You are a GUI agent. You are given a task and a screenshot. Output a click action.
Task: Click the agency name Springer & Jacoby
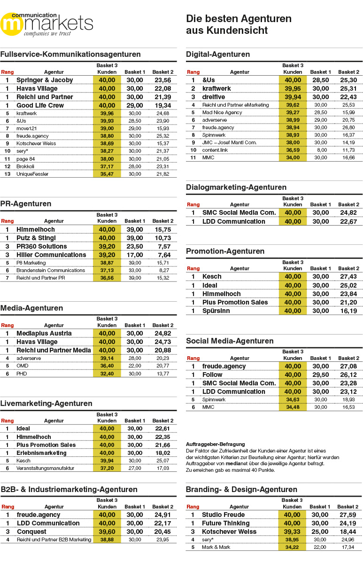(45, 80)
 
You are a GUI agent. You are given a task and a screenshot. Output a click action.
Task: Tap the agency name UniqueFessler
(32, 174)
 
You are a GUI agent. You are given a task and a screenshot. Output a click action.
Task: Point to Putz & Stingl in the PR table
(36, 238)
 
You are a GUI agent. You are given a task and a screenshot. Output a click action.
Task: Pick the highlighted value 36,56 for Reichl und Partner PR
(107, 278)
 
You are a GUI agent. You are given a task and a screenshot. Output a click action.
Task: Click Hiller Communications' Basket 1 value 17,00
(135, 255)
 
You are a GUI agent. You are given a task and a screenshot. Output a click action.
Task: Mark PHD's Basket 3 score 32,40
(107, 374)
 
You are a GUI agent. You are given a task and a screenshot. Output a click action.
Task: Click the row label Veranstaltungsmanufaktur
(45, 468)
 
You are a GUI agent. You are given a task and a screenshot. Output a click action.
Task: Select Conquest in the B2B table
(31, 532)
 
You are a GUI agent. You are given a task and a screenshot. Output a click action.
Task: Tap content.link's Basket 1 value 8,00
(321, 150)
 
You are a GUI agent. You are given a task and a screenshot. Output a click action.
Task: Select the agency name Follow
(212, 375)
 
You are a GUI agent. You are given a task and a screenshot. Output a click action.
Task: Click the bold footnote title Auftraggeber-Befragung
(215, 444)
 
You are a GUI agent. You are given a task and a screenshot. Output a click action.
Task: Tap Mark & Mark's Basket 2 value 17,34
(348, 547)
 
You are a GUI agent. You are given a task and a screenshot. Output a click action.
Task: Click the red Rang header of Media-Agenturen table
(8, 325)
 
